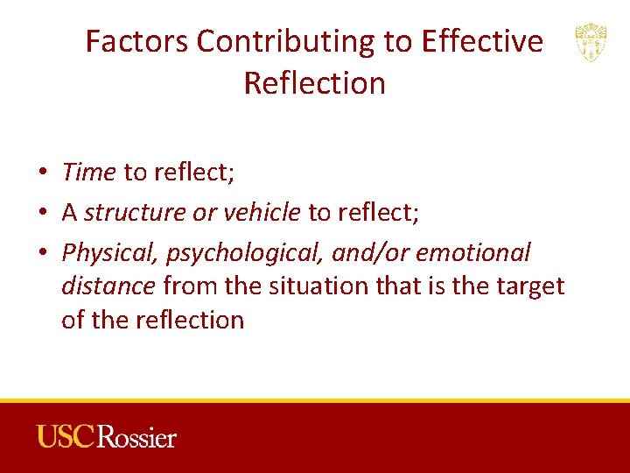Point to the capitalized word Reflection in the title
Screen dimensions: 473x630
[314, 83]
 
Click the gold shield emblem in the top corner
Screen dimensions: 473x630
[591, 42]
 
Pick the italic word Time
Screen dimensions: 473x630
[88, 173]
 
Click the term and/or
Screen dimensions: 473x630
[370, 253]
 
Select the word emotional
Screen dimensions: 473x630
[473, 253]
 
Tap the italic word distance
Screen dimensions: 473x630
[108, 286]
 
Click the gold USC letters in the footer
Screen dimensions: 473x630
[66, 436]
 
